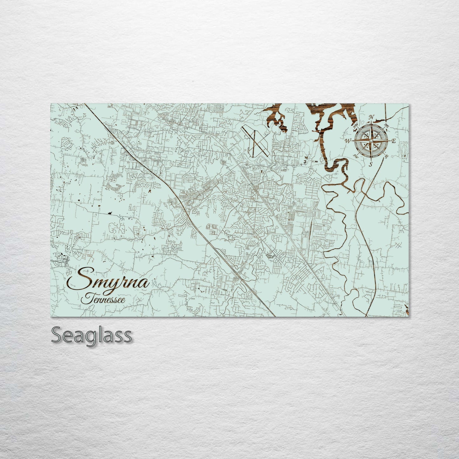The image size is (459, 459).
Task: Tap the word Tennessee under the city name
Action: [103, 300]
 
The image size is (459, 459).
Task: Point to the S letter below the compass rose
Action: [370, 164]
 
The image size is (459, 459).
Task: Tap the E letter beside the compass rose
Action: [394, 141]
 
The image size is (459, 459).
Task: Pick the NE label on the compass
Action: [387, 126]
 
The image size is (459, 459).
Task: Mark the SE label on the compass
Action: [387, 156]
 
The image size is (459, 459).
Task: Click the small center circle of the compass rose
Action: [371, 140]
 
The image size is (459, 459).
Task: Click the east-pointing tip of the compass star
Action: [389, 141]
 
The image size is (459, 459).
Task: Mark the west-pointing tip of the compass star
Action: [353, 140]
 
